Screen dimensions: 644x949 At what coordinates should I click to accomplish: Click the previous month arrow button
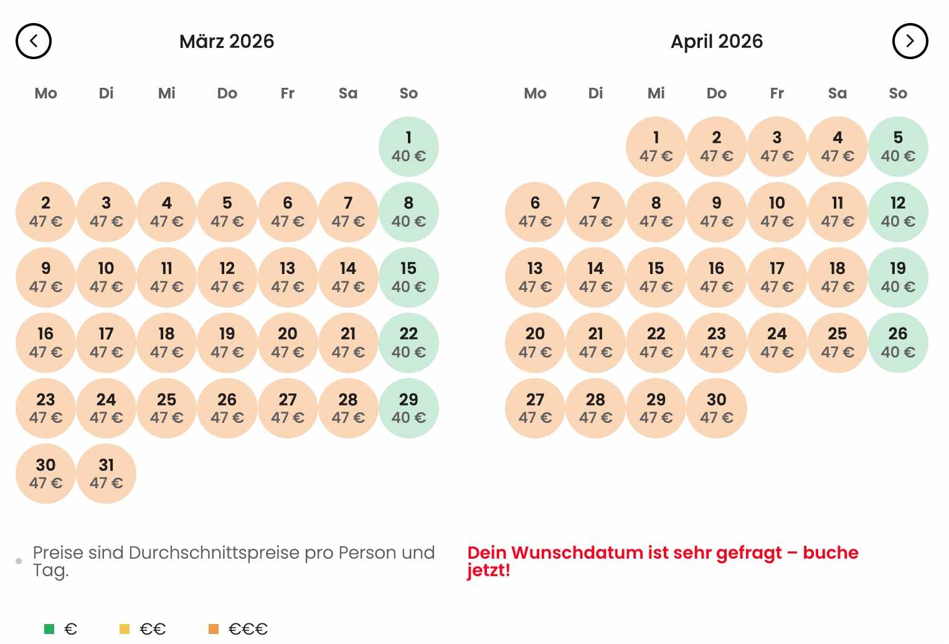pyautogui.click(x=34, y=41)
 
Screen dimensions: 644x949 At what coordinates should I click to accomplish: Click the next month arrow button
pyautogui.click(x=910, y=41)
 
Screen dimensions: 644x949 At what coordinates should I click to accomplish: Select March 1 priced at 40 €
pyautogui.click(x=408, y=147)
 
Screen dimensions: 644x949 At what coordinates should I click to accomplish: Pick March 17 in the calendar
pyautogui.click(x=106, y=343)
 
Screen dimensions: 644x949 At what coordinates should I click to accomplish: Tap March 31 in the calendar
pyautogui.click(x=106, y=474)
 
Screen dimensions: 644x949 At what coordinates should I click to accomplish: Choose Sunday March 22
pyautogui.click(x=408, y=343)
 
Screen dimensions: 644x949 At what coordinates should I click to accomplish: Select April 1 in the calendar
pyautogui.click(x=656, y=147)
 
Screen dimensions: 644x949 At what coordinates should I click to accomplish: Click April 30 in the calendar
pyautogui.click(x=716, y=409)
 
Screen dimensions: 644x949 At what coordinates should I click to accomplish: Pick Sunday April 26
pyautogui.click(x=897, y=343)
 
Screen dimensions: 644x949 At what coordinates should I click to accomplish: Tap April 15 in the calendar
pyautogui.click(x=656, y=278)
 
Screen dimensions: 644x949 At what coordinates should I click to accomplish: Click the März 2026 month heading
pyautogui.click(x=227, y=41)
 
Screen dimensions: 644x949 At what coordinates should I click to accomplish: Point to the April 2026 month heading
pyautogui.click(x=716, y=41)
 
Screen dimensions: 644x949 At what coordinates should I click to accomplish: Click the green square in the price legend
pyautogui.click(x=49, y=629)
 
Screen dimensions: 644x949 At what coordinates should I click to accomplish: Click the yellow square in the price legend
pyautogui.click(x=125, y=629)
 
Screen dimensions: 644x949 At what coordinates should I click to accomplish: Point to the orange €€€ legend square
pyautogui.click(x=214, y=629)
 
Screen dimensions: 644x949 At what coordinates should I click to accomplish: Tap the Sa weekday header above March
pyautogui.click(x=348, y=93)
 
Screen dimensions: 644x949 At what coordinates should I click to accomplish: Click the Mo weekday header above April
pyautogui.click(x=535, y=93)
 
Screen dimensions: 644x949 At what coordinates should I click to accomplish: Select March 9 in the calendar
pyautogui.click(x=45, y=278)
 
